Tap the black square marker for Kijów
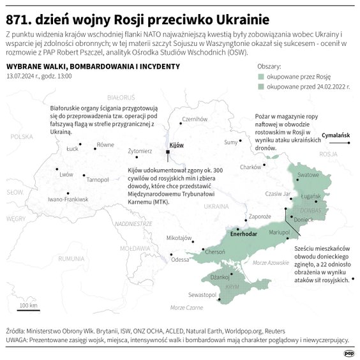coord(169,153)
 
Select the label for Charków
coord(251,167)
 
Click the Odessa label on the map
coord(181,259)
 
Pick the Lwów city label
coord(66,174)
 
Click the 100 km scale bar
coord(28,311)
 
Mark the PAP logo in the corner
coord(349,352)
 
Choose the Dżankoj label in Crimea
coord(220,276)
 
